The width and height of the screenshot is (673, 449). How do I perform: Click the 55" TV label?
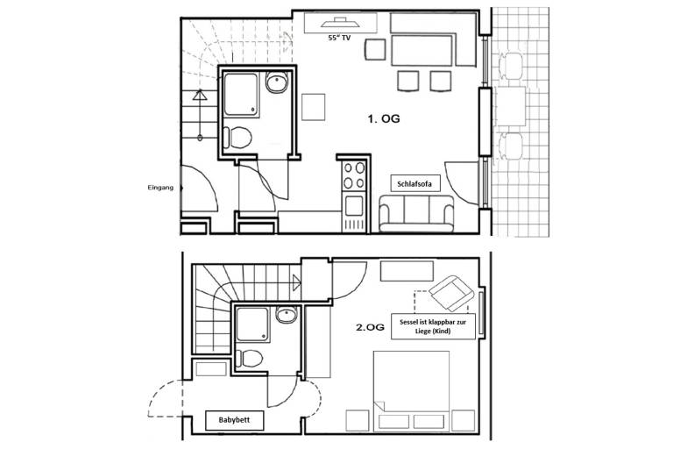(x=339, y=38)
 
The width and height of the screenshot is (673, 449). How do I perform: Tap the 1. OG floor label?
(x=383, y=119)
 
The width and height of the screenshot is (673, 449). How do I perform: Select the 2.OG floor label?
(x=370, y=327)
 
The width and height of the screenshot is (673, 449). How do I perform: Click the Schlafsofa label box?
(x=415, y=183)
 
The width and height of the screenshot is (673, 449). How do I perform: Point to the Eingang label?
(x=160, y=188)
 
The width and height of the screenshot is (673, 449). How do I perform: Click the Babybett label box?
(x=234, y=420)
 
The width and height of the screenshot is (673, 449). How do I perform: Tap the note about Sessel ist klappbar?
(x=433, y=326)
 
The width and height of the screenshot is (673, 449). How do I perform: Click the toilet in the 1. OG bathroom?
(x=237, y=137)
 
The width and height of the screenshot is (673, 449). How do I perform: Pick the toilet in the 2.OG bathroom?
(x=251, y=358)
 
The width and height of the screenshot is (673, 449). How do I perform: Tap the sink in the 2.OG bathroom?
(x=287, y=315)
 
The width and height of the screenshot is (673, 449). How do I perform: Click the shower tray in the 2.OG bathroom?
(x=252, y=324)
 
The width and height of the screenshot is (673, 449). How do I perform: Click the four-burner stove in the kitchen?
(x=354, y=175)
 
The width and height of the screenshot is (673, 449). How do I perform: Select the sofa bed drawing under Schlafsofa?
(x=416, y=214)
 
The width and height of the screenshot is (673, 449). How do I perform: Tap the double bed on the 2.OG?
(x=411, y=391)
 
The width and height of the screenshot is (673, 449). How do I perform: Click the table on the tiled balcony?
(x=510, y=106)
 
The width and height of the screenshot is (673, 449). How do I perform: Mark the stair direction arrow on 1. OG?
(x=200, y=115)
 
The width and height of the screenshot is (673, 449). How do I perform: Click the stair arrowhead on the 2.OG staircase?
(x=296, y=282)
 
